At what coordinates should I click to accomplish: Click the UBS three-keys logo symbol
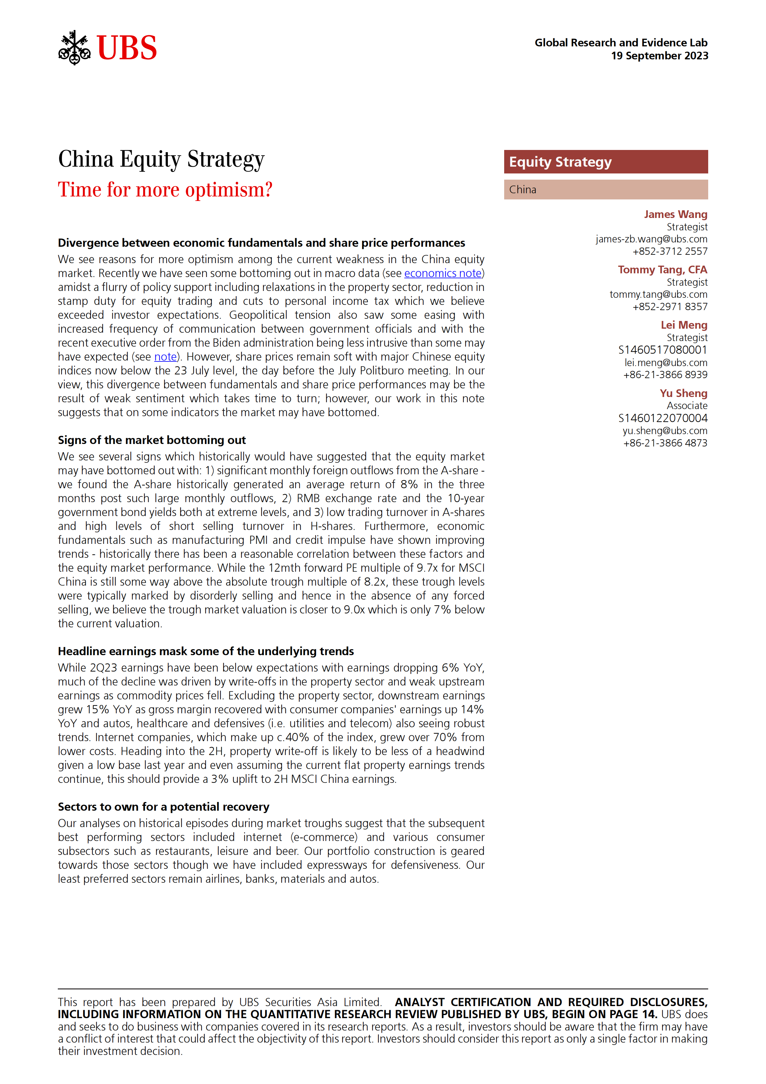pos(74,48)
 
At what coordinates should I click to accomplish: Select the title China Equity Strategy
pos(161,159)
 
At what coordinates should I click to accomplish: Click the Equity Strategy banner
pos(606,162)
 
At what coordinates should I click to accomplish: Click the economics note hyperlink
pos(442,273)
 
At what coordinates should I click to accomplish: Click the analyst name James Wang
pos(675,214)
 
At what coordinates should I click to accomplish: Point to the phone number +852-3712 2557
pos(670,252)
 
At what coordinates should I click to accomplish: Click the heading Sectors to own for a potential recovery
pos(163,807)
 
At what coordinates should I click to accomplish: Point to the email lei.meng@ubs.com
pos(666,363)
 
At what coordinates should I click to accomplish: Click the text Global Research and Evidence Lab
pos(621,43)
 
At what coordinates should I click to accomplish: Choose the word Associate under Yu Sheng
pos(687,406)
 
